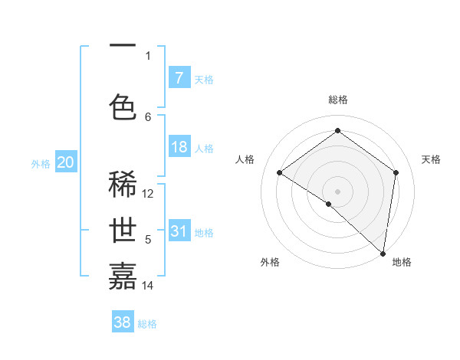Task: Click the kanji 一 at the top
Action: (x=123, y=46)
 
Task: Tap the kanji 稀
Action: (x=123, y=184)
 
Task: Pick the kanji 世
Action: (x=123, y=231)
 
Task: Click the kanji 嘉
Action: (x=123, y=275)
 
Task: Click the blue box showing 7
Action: (x=179, y=78)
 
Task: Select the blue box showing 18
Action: (x=179, y=147)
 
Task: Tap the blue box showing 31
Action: (x=179, y=231)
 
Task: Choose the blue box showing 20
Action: (x=66, y=162)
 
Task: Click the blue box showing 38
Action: (x=123, y=322)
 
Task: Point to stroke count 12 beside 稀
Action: (x=149, y=194)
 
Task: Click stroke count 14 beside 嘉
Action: (x=148, y=286)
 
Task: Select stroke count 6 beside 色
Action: (x=148, y=116)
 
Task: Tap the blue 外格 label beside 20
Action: (x=40, y=163)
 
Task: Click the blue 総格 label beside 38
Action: (x=147, y=324)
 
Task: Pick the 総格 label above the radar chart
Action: (x=338, y=100)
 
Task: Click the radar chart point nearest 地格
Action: (x=383, y=253)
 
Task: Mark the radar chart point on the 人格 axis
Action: (x=280, y=172)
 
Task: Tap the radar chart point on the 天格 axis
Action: (x=396, y=172)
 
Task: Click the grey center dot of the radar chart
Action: (x=337, y=191)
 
